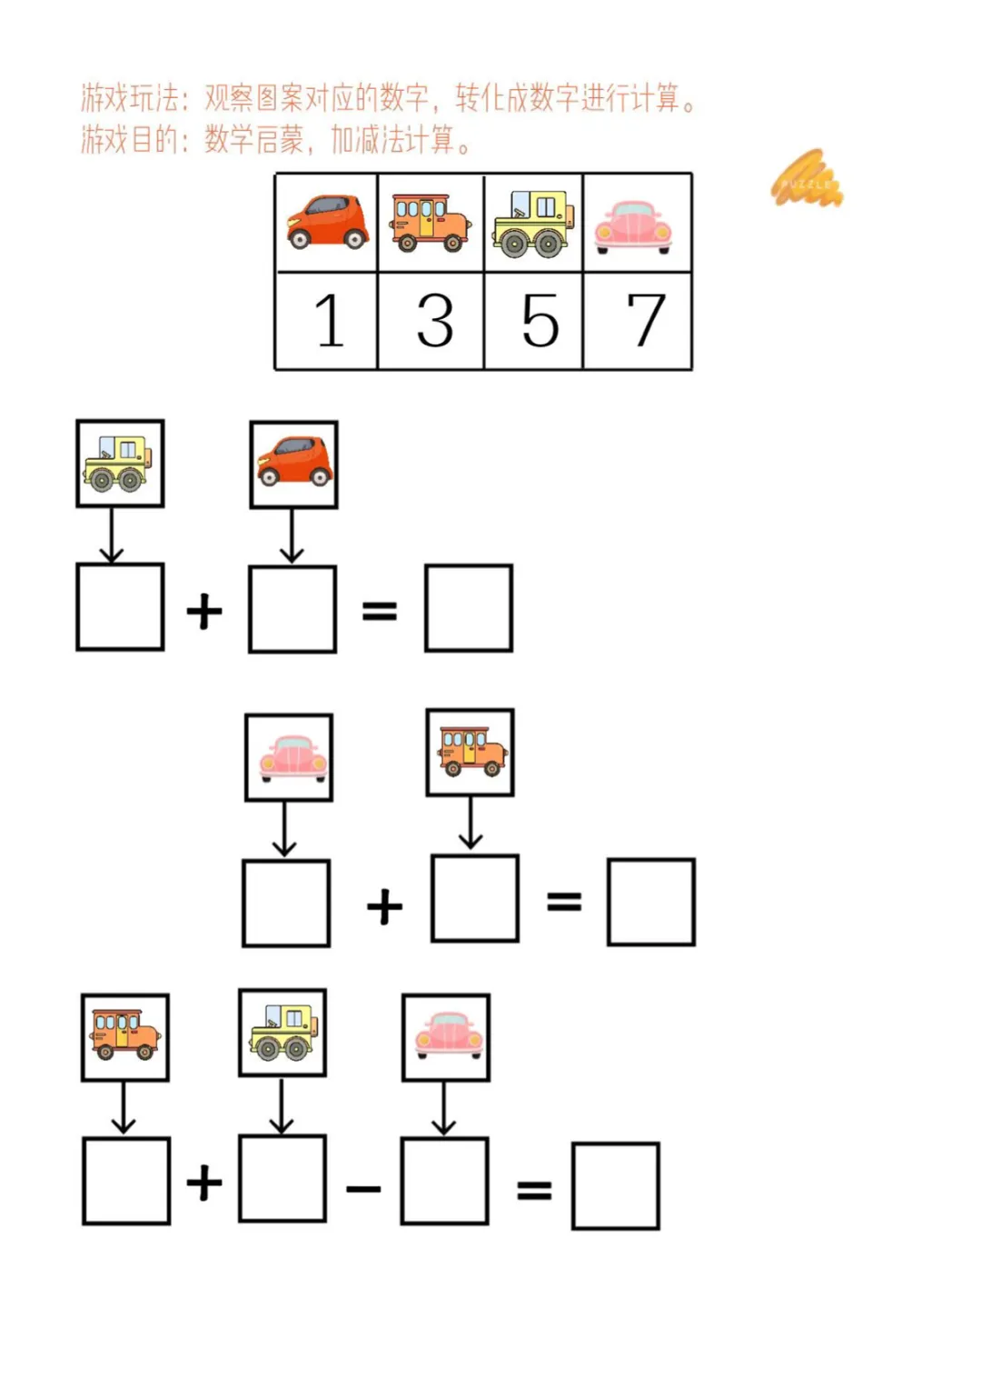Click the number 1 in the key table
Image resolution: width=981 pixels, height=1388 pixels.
point(329,321)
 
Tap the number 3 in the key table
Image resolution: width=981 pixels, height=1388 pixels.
point(435,321)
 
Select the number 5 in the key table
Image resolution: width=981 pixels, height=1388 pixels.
point(540,321)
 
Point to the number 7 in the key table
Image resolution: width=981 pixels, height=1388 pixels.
point(645,321)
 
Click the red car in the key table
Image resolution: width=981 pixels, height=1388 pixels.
point(327,222)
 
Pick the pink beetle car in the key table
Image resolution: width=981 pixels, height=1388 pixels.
point(633,225)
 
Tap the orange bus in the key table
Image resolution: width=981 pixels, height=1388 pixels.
point(431,222)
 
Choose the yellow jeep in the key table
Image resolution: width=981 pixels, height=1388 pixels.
point(534,223)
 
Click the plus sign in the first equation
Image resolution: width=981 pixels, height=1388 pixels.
point(204,611)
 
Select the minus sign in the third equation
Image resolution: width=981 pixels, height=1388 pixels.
point(363,1187)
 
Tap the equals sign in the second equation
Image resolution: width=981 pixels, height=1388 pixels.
point(564,902)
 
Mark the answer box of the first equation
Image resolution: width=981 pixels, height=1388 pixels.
point(469,608)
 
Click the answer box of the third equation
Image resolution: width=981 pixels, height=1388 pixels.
point(616,1186)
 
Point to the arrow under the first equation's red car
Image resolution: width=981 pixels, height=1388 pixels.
point(292,536)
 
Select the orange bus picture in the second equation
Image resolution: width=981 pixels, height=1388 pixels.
point(471,753)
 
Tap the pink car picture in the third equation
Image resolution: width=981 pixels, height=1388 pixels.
point(446,1036)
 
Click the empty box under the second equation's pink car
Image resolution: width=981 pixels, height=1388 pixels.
point(286,904)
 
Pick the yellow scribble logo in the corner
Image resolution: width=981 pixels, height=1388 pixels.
point(807,180)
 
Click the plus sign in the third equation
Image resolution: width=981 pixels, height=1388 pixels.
point(204,1183)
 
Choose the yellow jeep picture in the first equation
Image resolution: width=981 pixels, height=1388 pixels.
point(120,464)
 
